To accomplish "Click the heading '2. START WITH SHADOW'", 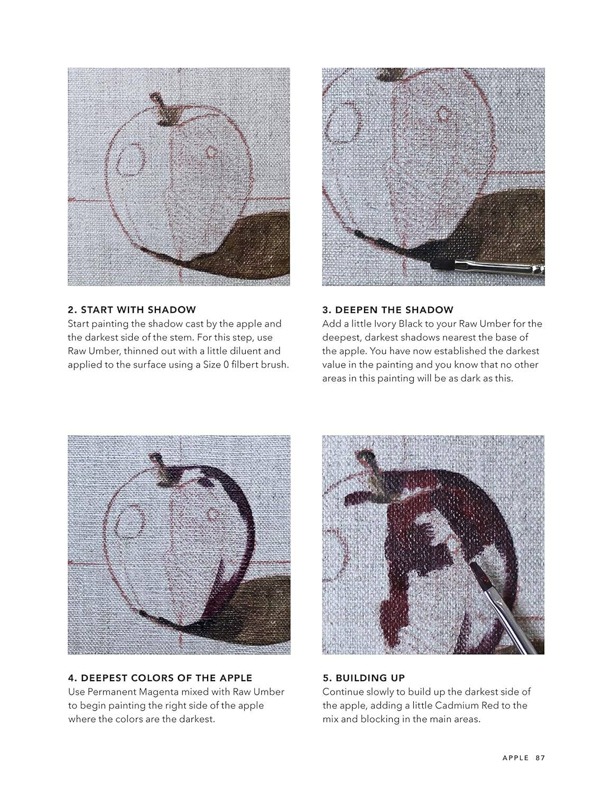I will (132, 310).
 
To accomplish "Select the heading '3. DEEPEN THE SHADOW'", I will (388, 310).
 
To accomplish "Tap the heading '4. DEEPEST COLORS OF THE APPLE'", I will (160, 678).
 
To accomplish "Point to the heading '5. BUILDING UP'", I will (364, 678).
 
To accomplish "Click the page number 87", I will (540, 758).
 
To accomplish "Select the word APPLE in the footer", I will (515, 758).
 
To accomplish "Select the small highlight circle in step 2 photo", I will (212, 152).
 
